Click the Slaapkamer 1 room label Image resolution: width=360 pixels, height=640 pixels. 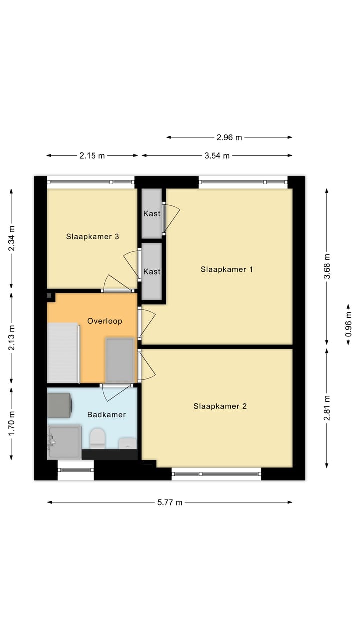point(227,269)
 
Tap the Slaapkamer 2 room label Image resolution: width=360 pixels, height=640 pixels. point(220,406)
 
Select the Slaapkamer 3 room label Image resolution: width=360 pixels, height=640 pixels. point(92,237)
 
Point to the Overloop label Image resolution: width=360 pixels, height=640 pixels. point(105,321)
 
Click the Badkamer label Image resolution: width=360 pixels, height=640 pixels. point(106,415)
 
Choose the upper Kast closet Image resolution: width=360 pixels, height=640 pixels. point(152,213)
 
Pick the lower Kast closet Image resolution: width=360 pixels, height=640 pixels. point(152,271)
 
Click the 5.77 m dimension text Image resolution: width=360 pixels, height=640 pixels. point(170,502)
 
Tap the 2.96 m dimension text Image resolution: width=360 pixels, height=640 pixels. point(229,137)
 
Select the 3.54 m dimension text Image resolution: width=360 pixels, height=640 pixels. point(217,155)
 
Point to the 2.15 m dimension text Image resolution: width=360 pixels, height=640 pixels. point(92,155)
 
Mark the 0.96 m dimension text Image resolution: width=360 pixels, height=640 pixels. point(348,324)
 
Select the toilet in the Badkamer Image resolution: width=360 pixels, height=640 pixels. point(97,438)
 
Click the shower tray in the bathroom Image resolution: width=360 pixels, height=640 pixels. point(64,442)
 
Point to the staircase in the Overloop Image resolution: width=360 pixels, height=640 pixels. point(63,353)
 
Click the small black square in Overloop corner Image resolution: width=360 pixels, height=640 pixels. point(50,296)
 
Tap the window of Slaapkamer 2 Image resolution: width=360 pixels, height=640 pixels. point(216,473)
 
